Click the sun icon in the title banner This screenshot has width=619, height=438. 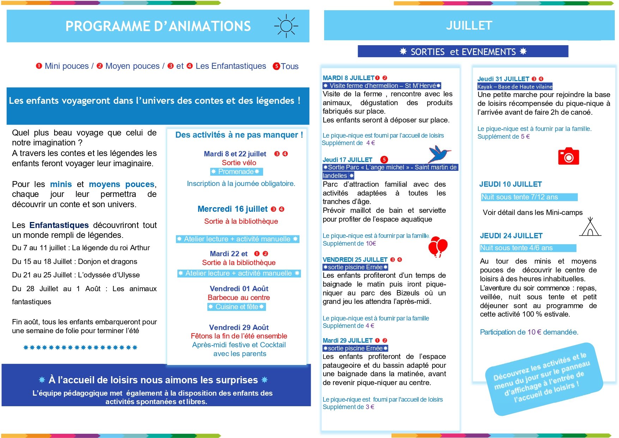coord(286,26)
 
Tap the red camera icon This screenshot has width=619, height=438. coord(568,156)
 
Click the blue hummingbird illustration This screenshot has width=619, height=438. coord(439,154)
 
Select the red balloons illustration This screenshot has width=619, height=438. coord(438,246)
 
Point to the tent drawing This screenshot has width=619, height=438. coord(590,227)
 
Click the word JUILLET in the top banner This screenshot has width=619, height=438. coord(469,26)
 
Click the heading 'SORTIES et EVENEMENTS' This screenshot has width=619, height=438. coord(463,52)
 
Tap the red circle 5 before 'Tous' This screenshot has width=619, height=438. coord(277,66)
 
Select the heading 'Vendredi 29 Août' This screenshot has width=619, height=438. coord(239,327)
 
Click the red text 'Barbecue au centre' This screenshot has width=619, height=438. coord(239,298)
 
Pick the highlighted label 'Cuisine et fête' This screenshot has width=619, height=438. coord(237,307)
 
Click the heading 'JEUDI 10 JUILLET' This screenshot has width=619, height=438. coord(510,184)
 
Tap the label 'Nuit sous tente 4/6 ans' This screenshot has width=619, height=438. coord(516,248)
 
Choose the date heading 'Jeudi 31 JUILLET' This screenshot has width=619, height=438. coord(503,79)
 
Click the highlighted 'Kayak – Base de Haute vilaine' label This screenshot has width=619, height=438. coord(515,87)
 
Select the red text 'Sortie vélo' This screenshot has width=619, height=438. coord(239,163)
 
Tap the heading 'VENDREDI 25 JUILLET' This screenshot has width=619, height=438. coord(355,260)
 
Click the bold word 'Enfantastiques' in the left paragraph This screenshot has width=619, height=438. coord(59,225)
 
